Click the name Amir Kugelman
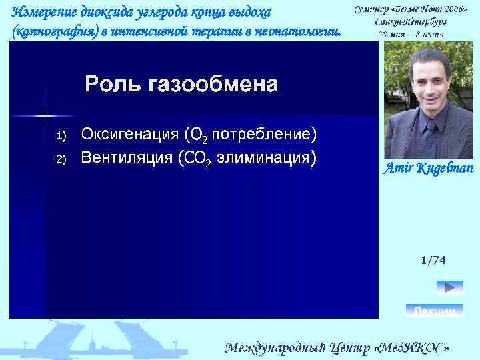[x=427, y=168]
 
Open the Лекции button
[x=434, y=311]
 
